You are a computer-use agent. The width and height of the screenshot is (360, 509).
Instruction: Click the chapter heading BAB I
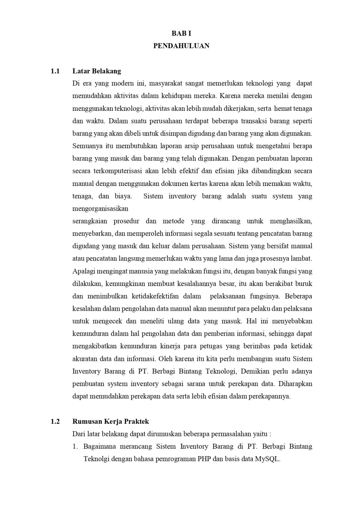181,33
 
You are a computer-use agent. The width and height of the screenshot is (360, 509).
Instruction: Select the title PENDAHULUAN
181,46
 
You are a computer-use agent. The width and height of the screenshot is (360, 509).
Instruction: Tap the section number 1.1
55,71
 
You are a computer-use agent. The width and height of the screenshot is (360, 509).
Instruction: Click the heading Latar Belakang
97,71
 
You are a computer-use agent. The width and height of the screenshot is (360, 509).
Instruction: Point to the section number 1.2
55,422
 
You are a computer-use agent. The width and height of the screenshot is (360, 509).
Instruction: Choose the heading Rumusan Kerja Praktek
111,422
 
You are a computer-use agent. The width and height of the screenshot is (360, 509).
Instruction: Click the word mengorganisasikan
100,209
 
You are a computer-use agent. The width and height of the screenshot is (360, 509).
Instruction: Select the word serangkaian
90,221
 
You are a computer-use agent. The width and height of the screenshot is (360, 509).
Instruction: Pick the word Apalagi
83,271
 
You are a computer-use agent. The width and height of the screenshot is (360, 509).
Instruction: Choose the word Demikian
254,371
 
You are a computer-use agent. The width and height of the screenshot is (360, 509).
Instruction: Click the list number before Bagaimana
75,447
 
